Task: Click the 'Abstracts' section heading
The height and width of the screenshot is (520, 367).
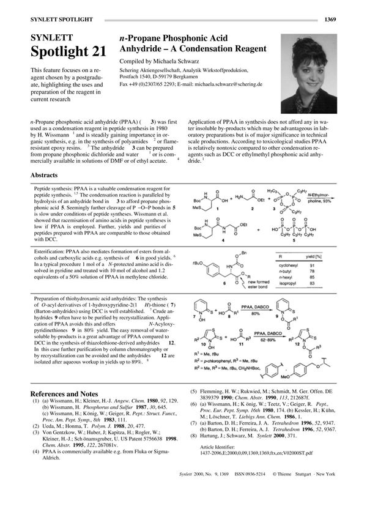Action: click(x=44, y=175)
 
